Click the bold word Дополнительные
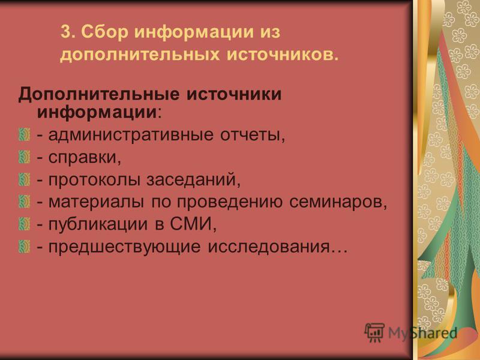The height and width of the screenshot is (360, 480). coord(99,94)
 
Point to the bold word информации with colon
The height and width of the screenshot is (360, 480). coord(99,112)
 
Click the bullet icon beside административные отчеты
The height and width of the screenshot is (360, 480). coord(25,134)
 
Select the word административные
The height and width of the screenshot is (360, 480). coord(131,135)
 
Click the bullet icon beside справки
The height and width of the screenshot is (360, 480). coord(25,157)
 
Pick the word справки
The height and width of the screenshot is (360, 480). coord(85,158)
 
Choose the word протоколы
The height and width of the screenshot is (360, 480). coord(94,180)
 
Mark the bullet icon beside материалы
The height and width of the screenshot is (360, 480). coord(25,202)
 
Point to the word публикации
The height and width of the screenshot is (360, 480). coord(98,224)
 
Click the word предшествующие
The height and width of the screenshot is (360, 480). coord(125,247)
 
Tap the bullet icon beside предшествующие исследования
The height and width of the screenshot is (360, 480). coord(25,247)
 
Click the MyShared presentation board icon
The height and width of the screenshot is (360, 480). coord(374,332)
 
